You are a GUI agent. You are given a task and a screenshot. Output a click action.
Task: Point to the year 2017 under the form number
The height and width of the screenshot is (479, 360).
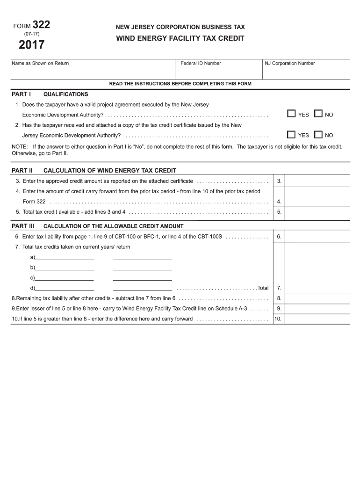32,45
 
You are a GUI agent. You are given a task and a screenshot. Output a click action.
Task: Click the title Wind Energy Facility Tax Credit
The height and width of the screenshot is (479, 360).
180,38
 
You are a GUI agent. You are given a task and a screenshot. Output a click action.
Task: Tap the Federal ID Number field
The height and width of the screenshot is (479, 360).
217,72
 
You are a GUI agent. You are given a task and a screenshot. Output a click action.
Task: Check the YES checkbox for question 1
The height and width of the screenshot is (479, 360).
291,114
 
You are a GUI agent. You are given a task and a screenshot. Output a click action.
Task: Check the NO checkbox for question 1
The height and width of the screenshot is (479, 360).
318,114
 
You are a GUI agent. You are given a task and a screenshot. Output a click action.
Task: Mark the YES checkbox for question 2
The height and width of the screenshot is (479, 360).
291,135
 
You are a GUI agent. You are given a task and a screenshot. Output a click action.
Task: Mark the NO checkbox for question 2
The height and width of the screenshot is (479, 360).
318,135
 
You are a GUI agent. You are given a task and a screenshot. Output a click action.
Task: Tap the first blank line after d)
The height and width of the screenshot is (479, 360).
65,288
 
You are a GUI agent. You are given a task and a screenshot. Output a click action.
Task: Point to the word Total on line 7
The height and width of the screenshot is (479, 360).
263,288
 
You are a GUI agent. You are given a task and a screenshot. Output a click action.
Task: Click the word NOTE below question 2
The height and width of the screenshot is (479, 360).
20,146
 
